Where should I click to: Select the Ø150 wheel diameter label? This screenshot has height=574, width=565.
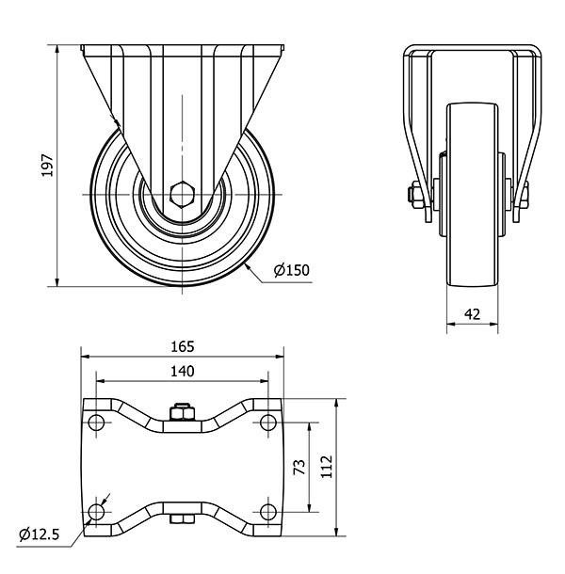tap(292, 270)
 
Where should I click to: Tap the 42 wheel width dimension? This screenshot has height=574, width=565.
tap(474, 314)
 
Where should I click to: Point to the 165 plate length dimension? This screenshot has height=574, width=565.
tap(183, 346)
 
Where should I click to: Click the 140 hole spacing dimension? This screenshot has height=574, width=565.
tap(183, 372)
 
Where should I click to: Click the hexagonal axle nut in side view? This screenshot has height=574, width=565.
tap(182, 196)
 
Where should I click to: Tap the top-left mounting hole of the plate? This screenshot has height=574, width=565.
tap(96, 421)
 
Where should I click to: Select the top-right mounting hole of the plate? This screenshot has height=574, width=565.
tap(268, 421)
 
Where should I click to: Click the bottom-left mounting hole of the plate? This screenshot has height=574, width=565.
tap(96, 512)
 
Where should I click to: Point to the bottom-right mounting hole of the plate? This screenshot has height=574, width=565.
tap(268, 512)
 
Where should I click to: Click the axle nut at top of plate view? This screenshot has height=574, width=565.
tap(182, 412)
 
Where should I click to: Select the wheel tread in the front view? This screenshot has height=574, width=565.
tap(474, 273)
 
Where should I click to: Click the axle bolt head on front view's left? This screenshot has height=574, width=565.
tap(414, 196)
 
